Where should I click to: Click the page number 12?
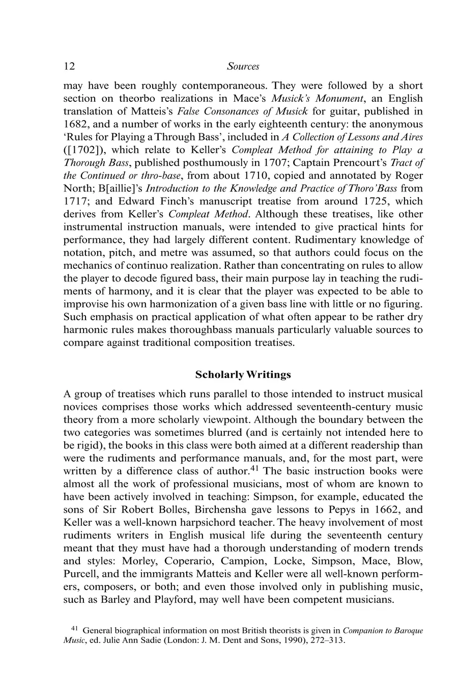pyautogui.click(x=69, y=66)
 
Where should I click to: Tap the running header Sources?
pyautogui.click(x=243, y=66)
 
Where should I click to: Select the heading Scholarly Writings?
pyautogui.click(x=243, y=375)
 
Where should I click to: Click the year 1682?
pyautogui.click(x=75, y=124)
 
